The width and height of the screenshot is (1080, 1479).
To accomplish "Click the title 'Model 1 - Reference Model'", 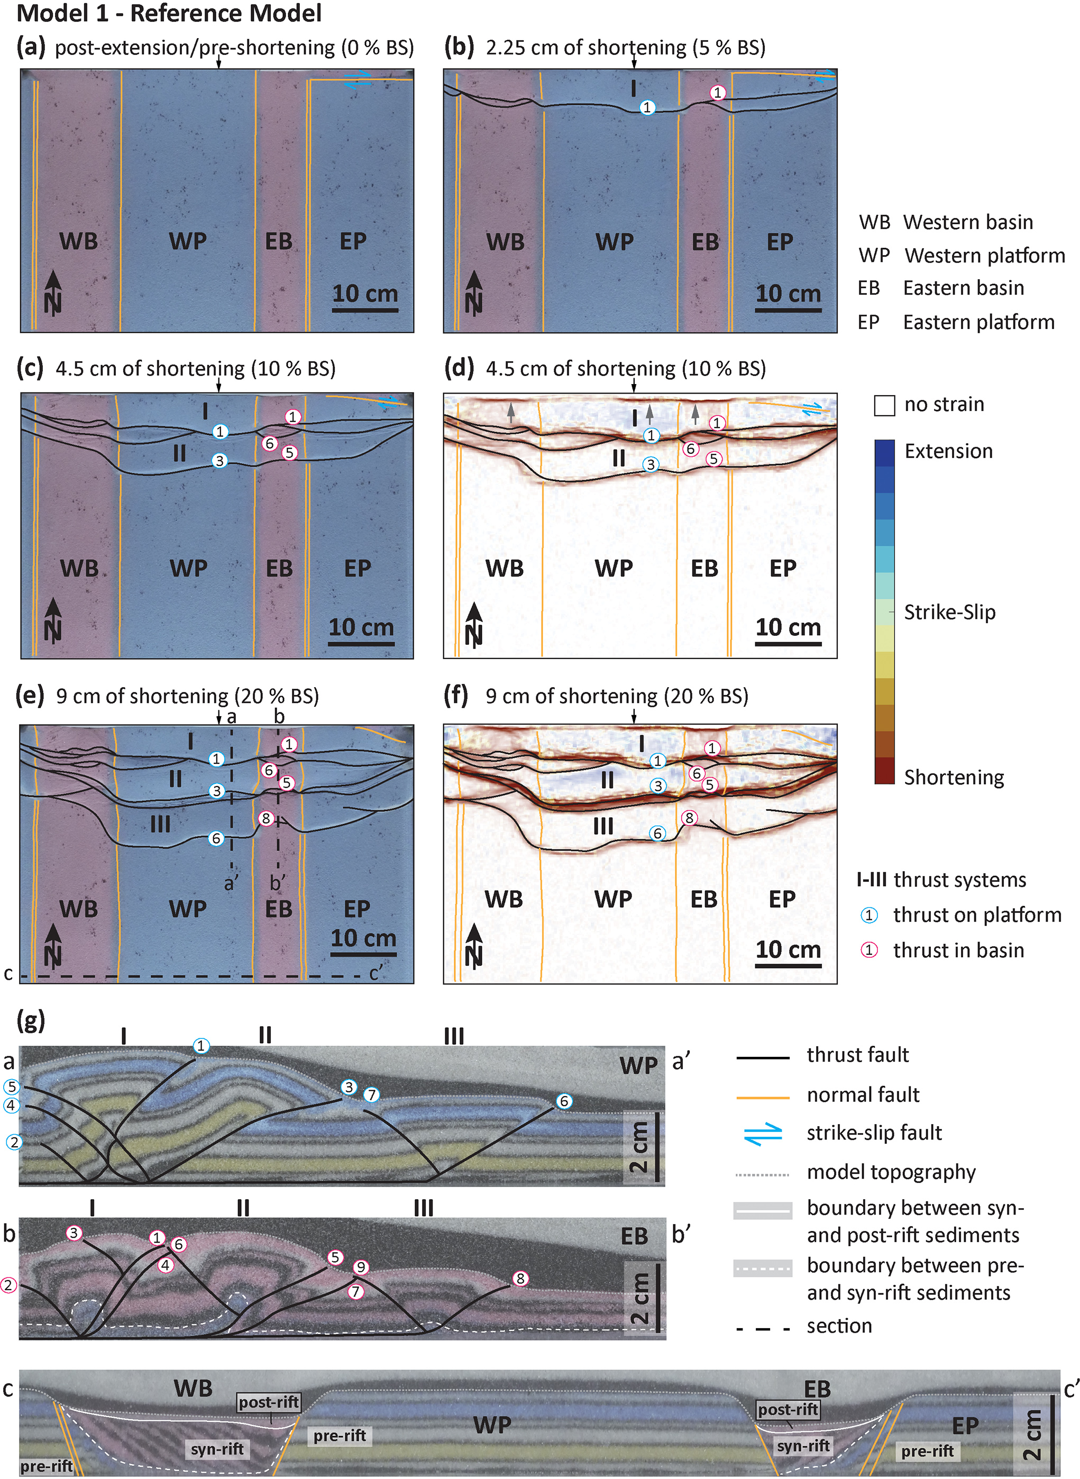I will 169,13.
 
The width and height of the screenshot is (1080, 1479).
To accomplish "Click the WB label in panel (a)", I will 78,241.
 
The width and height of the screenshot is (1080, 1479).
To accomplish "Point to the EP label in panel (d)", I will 783,568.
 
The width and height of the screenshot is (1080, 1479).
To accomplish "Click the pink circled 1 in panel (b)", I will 718,92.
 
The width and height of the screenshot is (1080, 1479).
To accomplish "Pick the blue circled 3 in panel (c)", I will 219,460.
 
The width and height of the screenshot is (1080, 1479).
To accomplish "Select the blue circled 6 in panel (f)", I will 657,833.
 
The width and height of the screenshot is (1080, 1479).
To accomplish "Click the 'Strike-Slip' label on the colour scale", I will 949,612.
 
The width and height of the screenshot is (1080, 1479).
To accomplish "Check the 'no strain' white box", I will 884,405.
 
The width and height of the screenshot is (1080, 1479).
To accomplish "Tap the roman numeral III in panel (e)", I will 160,824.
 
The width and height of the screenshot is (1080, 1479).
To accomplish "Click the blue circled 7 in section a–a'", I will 371,1094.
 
